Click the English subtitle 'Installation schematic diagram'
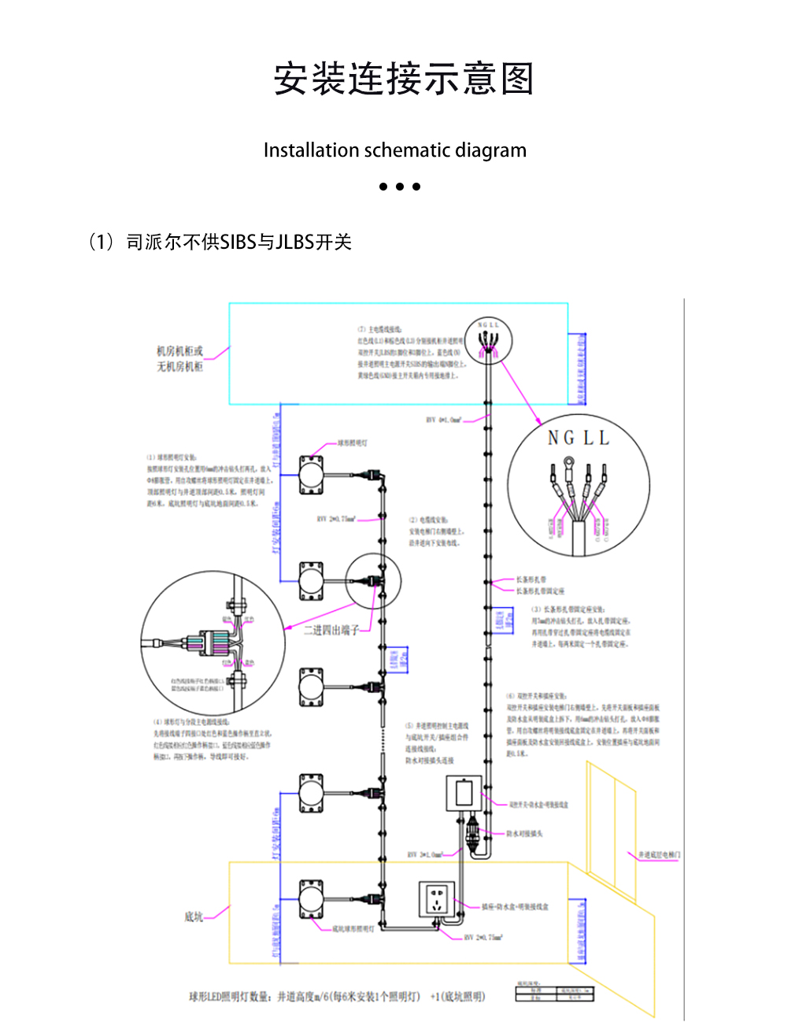click(394, 150)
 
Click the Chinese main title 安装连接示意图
click(403, 79)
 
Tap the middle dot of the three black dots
click(400, 187)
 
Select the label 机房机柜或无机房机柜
click(179, 359)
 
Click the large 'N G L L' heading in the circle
click(579, 438)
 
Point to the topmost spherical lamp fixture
click(311, 476)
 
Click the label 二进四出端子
click(331, 630)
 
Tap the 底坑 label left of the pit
click(194, 916)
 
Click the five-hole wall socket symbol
click(437, 899)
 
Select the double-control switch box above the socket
click(464, 793)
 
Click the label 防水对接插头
click(523, 833)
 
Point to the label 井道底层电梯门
click(659, 855)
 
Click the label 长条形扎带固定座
click(540, 591)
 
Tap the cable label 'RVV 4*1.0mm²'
click(444, 420)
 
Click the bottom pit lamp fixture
click(311, 899)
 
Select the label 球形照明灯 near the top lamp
click(352, 443)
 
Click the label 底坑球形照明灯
click(353, 930)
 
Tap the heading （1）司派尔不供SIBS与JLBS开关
click(220, 242)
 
